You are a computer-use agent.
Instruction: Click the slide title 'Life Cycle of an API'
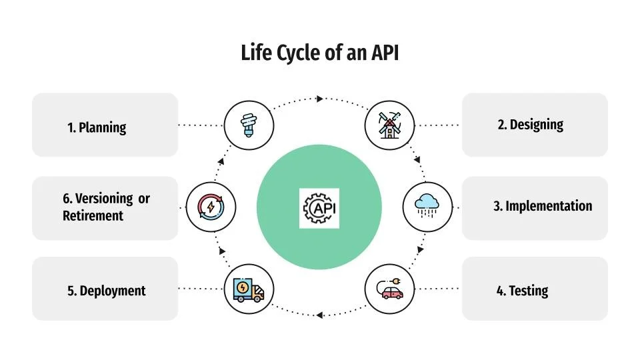319,53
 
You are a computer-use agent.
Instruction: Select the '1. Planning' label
97,127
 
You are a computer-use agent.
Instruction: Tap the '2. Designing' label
530,125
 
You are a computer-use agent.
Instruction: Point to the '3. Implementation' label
543,206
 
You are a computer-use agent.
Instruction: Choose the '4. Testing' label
522,291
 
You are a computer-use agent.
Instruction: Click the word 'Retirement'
93,216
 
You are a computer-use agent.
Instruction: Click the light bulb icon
249,125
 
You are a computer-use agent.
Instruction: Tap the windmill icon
390,125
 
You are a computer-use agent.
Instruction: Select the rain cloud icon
427,207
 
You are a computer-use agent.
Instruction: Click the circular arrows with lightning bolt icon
211,207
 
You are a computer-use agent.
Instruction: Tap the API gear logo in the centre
320,209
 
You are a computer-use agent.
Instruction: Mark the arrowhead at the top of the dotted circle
320,99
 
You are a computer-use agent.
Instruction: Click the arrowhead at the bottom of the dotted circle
319,314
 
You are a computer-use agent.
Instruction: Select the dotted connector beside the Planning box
201,125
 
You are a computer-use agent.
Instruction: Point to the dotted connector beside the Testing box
438,289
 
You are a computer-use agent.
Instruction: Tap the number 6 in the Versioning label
66,199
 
